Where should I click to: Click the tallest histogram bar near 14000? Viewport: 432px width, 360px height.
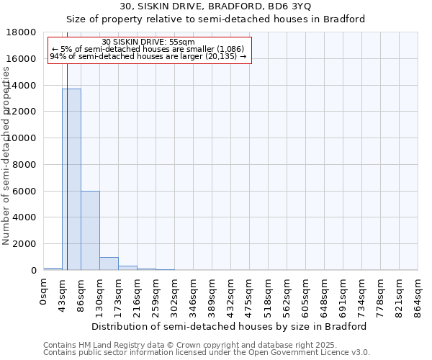(x=71, y=180)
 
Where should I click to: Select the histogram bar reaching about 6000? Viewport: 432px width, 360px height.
(x=90, y=230)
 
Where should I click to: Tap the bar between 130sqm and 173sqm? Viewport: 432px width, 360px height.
(x=109, y=264)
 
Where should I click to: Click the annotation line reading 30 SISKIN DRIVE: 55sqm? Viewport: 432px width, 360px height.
(x=148, y=42)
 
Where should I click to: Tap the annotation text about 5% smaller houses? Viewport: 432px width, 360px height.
(x=148, y=49)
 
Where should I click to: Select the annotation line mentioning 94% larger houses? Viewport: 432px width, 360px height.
(x=148, y=56)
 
